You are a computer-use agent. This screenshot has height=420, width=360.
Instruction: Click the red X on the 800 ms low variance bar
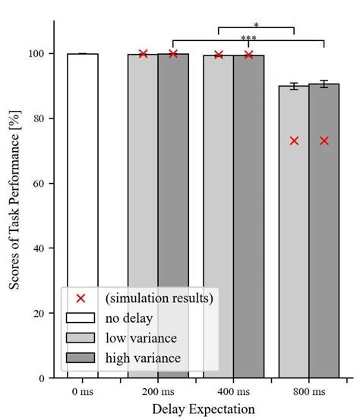point(294,141)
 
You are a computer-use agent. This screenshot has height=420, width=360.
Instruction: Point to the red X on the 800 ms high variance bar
point(324,141)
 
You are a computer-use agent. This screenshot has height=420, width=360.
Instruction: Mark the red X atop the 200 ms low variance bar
point(143,53)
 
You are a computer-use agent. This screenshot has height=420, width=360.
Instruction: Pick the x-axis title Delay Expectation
point(203,409)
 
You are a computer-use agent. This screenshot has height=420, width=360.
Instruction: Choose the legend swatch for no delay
point(81,318)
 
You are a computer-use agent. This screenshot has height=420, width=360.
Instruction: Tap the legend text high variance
point(144,358)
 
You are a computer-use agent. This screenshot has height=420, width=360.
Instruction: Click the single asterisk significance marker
point(256,25)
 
